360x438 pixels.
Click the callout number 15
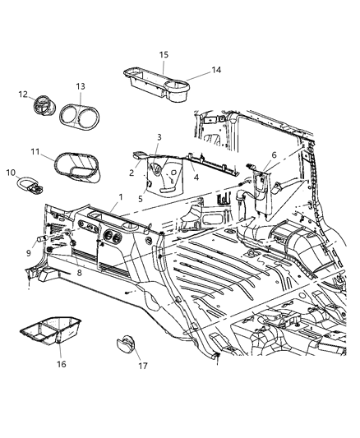pos(164,54)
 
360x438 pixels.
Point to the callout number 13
pos(81,87)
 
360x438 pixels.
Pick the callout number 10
pos(12,173)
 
